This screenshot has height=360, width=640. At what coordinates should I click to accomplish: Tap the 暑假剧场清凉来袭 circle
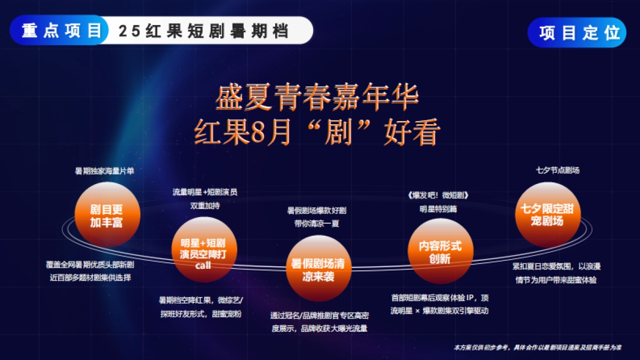(317, 269)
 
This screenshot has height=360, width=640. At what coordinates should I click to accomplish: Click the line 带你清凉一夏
(317, 223)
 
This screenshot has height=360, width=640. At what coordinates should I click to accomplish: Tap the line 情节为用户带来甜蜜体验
(556, 279)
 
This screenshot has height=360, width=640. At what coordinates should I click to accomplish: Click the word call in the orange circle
(204, 265)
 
